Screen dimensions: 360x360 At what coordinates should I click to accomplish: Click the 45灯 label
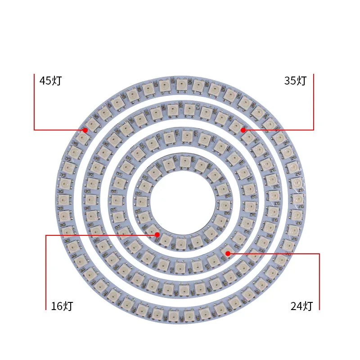pos(50,81)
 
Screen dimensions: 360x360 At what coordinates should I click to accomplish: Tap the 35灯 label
pos(295,81)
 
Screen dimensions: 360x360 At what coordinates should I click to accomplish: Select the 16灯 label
pos(62,306)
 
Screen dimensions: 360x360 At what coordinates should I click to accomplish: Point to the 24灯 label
pos(301,306)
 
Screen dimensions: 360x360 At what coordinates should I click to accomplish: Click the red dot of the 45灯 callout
pos(85,130)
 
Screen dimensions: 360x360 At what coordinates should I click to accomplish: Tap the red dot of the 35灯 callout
pos(243,130)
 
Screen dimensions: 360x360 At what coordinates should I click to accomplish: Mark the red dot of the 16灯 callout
pos(157,235)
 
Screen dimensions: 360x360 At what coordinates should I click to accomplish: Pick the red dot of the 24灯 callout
pos(228,254)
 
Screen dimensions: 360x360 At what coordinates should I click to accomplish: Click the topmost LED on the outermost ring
pos(181,83)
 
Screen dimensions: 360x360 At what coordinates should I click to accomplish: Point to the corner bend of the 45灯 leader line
pos(34,130)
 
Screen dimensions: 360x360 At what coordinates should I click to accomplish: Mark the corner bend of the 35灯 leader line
pos(313,130)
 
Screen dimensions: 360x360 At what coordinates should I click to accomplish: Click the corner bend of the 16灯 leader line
pos(46,235)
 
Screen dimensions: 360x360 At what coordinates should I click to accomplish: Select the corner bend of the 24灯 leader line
pos(319,254)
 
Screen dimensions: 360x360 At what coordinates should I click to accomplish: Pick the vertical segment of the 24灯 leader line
pos(319,281)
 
